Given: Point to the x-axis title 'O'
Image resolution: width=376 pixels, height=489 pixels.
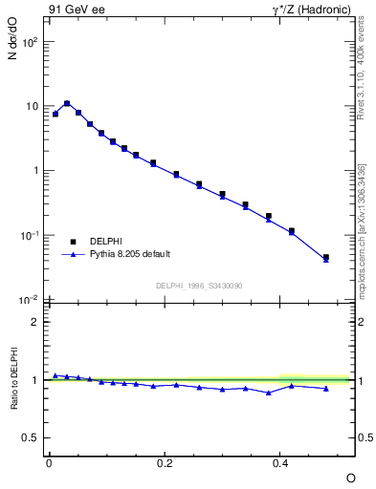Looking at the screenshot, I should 350,477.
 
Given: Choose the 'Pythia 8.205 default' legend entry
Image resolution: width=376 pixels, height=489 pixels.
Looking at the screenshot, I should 130,254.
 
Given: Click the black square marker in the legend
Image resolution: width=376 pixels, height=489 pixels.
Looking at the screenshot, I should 72,241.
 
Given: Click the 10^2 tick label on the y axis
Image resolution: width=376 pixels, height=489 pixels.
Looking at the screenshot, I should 32,42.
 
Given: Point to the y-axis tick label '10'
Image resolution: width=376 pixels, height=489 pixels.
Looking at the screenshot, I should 32,107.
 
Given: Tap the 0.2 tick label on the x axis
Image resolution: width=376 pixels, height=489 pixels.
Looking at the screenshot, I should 165,461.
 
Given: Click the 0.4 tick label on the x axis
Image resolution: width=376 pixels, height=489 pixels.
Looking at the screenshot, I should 280,461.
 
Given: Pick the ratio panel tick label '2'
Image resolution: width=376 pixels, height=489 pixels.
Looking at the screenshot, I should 34,322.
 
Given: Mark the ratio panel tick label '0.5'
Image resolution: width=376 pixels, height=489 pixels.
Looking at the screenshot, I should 31,437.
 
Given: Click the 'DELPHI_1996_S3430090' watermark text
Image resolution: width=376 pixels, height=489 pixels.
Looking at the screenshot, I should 197,285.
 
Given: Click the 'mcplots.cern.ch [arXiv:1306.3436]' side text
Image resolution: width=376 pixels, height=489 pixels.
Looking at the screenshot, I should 362,229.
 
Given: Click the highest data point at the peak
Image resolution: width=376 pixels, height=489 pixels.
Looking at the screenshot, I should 67,103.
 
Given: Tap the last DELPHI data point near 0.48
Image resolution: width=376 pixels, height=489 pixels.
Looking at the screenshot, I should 326,257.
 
